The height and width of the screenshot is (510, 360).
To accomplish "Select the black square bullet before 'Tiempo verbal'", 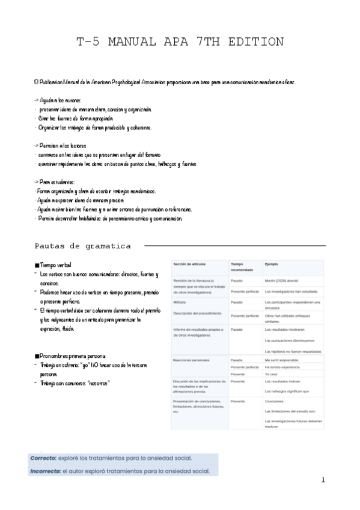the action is click(37, 265).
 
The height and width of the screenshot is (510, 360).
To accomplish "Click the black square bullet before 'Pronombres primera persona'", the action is click(37, 357).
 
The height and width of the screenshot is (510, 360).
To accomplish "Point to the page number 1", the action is click(323, 480).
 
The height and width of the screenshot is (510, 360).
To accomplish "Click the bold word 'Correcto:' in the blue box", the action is click(45, 458).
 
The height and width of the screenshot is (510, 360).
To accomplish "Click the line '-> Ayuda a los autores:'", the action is click(58, 100).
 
